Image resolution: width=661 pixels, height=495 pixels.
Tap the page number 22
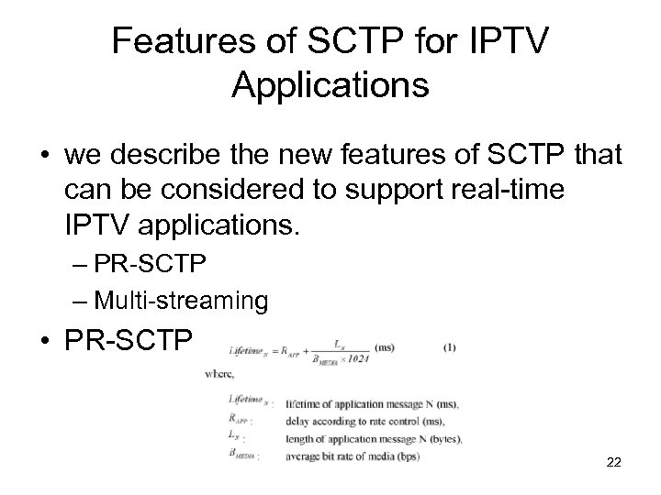613,463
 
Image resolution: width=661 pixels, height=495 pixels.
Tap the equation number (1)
449,347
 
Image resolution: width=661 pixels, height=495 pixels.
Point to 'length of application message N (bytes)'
373,437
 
